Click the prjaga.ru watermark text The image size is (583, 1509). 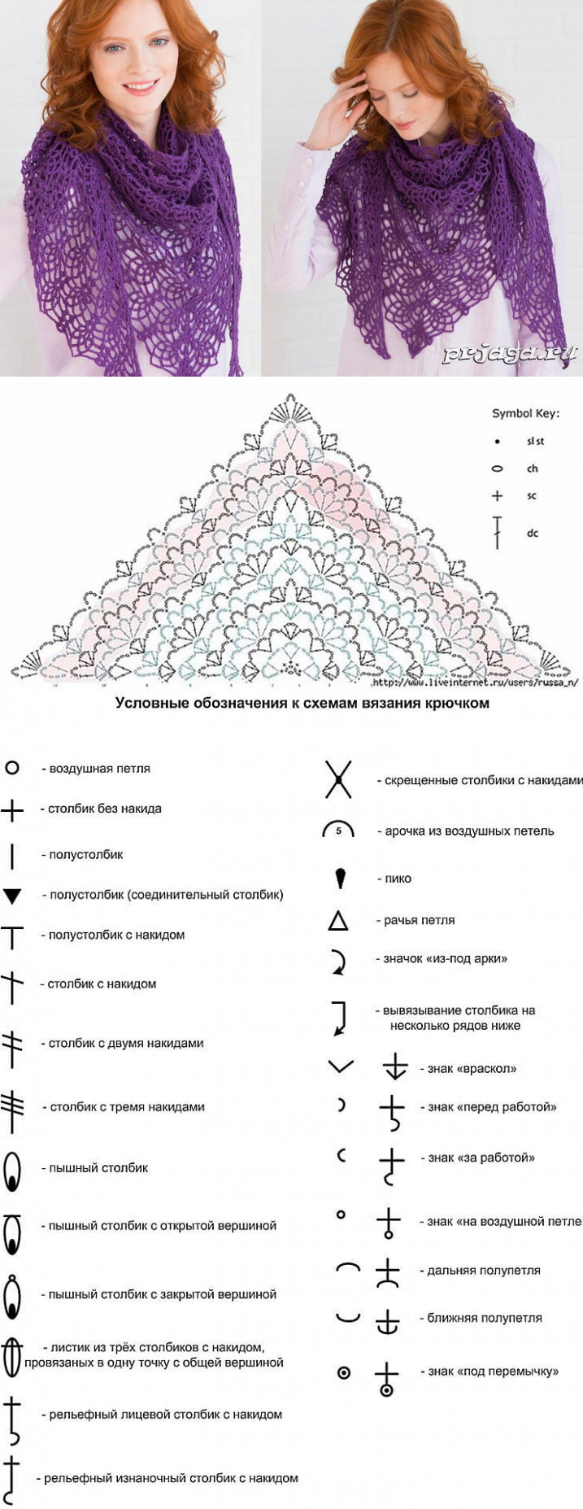(510, 353)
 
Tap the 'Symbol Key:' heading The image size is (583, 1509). (525, 413)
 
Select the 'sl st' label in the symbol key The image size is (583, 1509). (535, 442)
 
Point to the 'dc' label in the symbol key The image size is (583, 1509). (533, 534)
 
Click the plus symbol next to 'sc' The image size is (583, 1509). (498, 496)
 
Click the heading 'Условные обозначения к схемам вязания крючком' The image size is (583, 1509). (302, 703)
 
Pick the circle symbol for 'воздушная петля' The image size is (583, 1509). (12, 768)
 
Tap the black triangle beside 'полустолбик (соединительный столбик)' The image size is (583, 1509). (12, 896)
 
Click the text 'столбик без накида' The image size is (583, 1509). (104, 809)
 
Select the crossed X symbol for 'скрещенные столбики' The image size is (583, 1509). (338, 779)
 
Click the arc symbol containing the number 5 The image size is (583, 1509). (338, 830)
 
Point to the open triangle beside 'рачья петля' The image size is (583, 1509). (338, 921)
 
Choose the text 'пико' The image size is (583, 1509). (398, 879)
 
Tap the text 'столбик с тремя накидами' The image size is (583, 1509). (127, 1107)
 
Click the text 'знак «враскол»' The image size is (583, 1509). (472, 1069)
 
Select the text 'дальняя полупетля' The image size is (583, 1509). (484, 1271)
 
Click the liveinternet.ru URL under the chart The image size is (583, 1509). (475, 683)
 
